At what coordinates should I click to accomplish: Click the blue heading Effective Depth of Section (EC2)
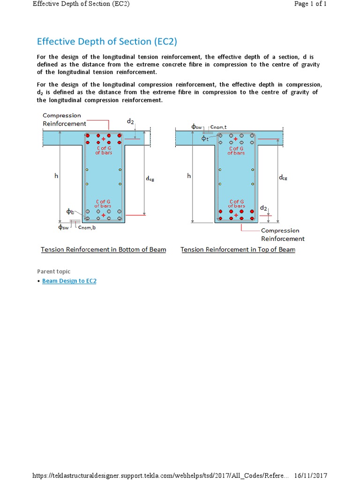tap(107, 41)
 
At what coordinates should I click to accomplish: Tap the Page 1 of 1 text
tap(310, 4)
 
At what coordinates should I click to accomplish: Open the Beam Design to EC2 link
tap(69, 281)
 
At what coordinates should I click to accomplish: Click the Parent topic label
tap(54, 271)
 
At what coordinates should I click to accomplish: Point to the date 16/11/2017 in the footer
tap(310, 475)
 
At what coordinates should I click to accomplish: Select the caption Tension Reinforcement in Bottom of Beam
tap(103, 249)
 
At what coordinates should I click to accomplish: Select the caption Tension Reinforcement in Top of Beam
tap(238, 249)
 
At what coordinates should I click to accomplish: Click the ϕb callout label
tap(70, 212)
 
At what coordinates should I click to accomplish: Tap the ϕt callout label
tap(205, 138)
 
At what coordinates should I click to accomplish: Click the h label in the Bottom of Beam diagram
tap(56, 176)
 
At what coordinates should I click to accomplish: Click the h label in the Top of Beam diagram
tap(189, 176)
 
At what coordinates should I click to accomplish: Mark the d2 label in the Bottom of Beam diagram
tap(130, 121)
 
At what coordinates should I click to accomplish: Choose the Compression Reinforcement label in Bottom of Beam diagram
tap(64, 120)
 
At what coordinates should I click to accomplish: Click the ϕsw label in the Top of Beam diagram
tap(196, 127)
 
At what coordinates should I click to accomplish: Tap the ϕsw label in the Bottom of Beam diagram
tap(63, 227)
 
